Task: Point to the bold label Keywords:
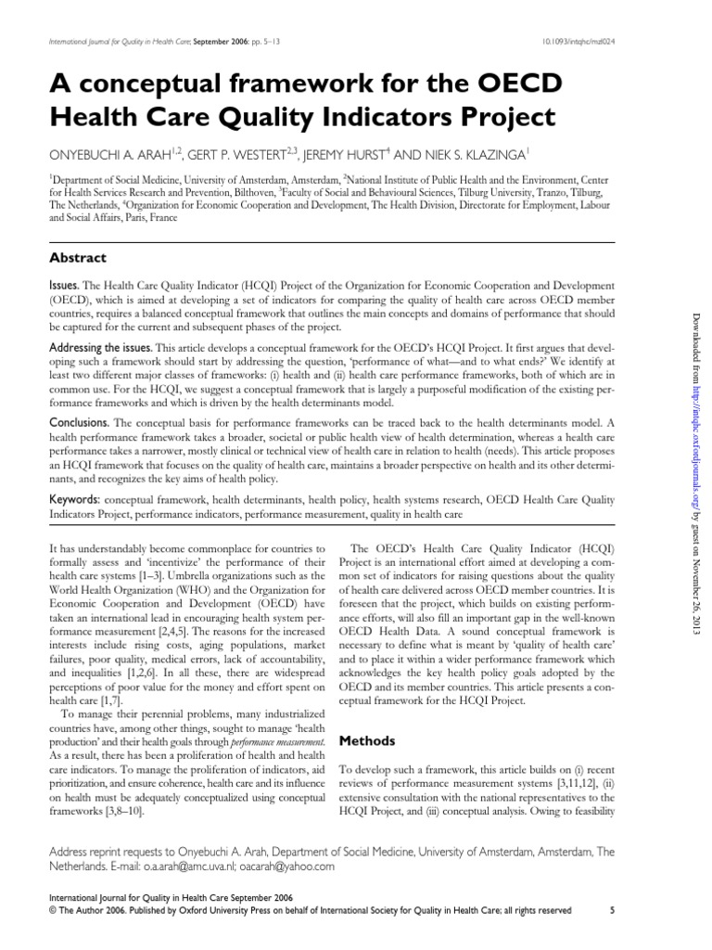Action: pos(75,499)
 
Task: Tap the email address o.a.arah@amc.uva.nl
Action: pos(191,866)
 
